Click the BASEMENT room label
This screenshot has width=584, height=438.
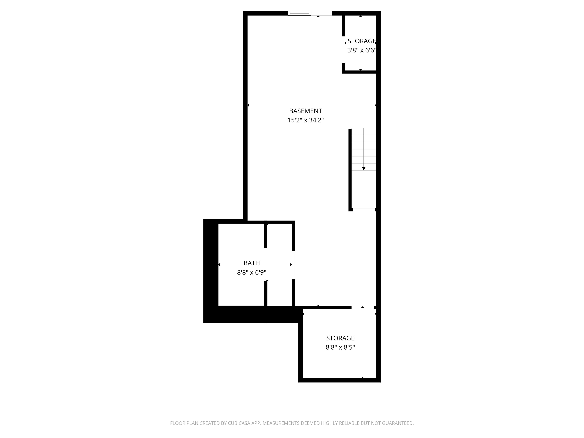(305, 111)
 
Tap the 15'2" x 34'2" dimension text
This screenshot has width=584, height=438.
(305, 120)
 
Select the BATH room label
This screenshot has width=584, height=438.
(252, 263)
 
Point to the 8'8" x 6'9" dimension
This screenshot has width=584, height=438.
(252, 272)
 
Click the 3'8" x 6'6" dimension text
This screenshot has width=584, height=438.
(361, 50)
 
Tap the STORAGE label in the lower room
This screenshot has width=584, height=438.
(340, 338)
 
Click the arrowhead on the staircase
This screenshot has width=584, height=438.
(364, 168)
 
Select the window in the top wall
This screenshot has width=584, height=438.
(299, 13)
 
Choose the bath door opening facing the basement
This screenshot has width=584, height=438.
(293, 265)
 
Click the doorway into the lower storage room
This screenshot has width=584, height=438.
(363, 307)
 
